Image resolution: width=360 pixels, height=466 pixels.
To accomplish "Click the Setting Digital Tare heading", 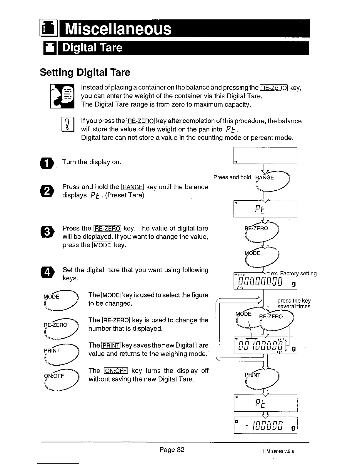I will [x=85, y=72].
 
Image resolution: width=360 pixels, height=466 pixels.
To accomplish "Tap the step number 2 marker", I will [x=49, y=191].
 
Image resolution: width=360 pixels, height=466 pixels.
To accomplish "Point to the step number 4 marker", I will [x=49, y=272].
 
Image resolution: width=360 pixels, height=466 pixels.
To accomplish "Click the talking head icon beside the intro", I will [x=62, y=96].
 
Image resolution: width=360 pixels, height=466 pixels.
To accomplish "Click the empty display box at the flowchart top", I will [x=265, y=155].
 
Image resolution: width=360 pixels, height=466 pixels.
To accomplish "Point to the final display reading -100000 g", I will [x=265, y=425].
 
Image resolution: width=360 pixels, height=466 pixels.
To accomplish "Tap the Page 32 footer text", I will [x=172, y=450].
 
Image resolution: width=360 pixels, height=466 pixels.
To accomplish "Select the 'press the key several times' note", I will [x=294, y=303].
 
